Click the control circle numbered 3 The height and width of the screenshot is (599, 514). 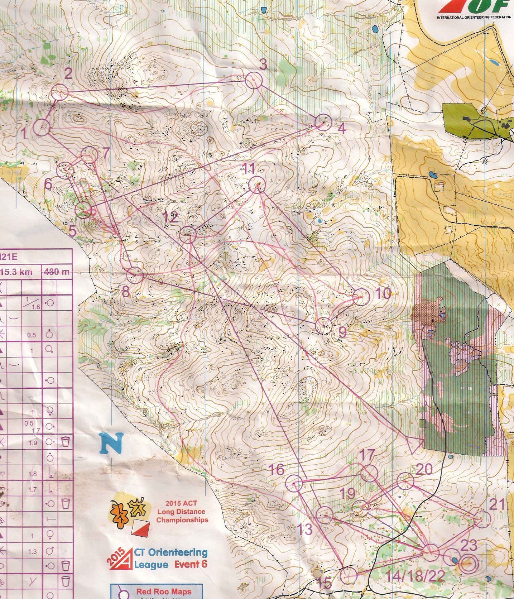tap(254, 80)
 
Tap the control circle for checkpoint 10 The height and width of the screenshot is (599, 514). tap(361, 297)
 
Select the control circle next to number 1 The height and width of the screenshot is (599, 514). tap(42, 128)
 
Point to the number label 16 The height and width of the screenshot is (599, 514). tap(276, 469)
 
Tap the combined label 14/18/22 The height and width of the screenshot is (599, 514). tap(415, 576)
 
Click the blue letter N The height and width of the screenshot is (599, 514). tap(112, 443)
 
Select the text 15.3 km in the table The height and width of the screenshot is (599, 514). tap(17, 272)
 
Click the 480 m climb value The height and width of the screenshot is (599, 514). tap(57, 272)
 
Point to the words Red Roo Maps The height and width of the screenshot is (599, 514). tap(164, 591)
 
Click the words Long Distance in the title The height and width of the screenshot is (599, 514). tap(181, 512)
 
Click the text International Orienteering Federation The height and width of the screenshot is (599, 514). tap(474, 17)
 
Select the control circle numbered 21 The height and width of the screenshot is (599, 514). tap(482, 519)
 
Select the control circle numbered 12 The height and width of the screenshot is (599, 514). tap(188, 234)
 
